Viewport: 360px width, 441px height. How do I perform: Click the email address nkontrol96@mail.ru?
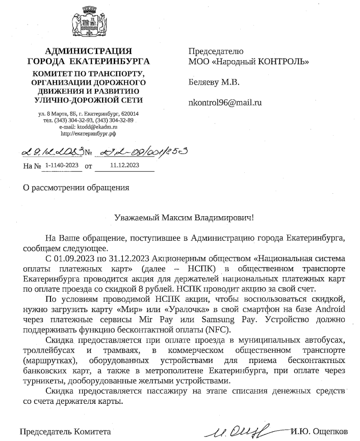click(x=225, y=102)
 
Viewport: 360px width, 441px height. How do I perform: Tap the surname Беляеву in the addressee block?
click(x=204, y=82)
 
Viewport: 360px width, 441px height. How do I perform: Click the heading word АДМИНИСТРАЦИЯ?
click(x=88, y=51)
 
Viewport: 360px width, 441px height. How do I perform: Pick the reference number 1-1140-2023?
click(x=62, y=165)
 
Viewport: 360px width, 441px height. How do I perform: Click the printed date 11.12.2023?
click(x=125, y=165)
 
